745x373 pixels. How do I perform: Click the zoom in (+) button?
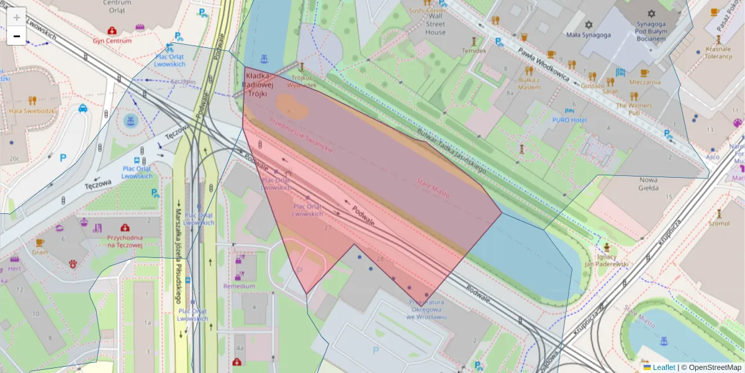[17, 17]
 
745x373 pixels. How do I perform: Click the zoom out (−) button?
[17, 35]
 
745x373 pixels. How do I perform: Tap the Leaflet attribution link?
[663, 367]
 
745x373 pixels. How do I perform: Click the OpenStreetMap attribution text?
[715, 367]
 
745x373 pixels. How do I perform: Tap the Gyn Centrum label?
[112, 40]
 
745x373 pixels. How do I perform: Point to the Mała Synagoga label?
[589, 35]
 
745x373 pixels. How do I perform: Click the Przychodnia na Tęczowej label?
[125, 241]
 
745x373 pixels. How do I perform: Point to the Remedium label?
[239, 286]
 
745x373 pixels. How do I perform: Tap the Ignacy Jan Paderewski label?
[608, 260]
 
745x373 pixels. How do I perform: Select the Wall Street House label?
[435, 24]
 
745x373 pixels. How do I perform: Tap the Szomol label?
[719, 223]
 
